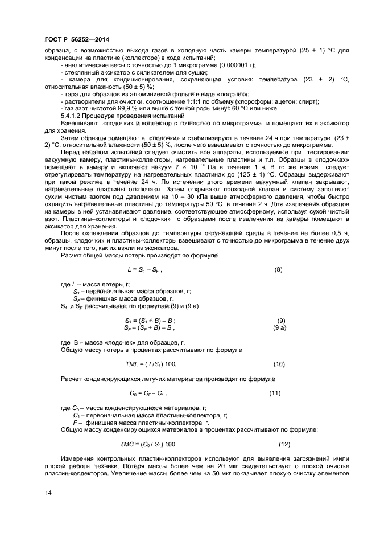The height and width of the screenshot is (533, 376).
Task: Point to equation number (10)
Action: [x=279, y=364]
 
